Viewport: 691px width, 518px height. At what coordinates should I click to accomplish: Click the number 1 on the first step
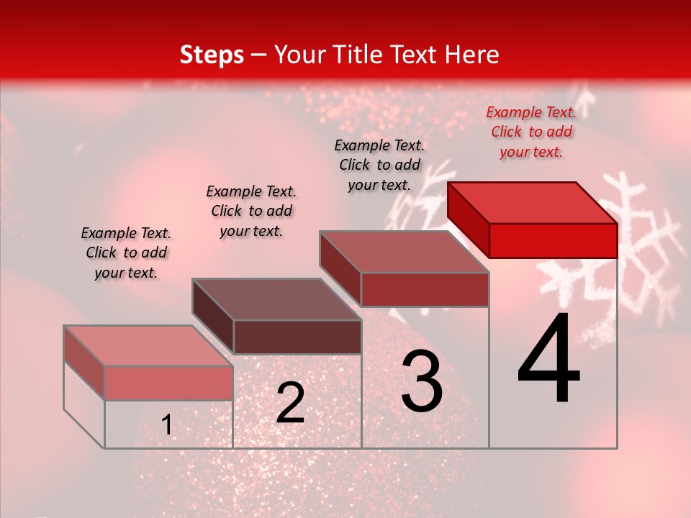167,425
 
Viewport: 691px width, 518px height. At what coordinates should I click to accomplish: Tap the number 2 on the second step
290,403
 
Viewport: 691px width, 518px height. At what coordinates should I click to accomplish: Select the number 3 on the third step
422,381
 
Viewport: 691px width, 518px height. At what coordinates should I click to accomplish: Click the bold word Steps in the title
212,55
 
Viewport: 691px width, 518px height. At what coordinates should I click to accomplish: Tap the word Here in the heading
472,55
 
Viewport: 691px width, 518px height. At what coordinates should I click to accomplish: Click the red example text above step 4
531,132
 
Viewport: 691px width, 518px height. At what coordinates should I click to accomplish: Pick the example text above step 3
379,165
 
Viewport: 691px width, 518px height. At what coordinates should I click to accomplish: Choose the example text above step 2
251,211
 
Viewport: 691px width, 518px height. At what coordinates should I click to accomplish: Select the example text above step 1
126,253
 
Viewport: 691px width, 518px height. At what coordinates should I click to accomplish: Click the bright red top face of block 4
533,202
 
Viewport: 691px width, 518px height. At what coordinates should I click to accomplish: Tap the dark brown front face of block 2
297,337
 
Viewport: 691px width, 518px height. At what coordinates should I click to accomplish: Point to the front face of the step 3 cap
425,289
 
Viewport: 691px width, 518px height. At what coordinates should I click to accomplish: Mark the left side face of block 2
212,314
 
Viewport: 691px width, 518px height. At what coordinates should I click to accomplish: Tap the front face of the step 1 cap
168,383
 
